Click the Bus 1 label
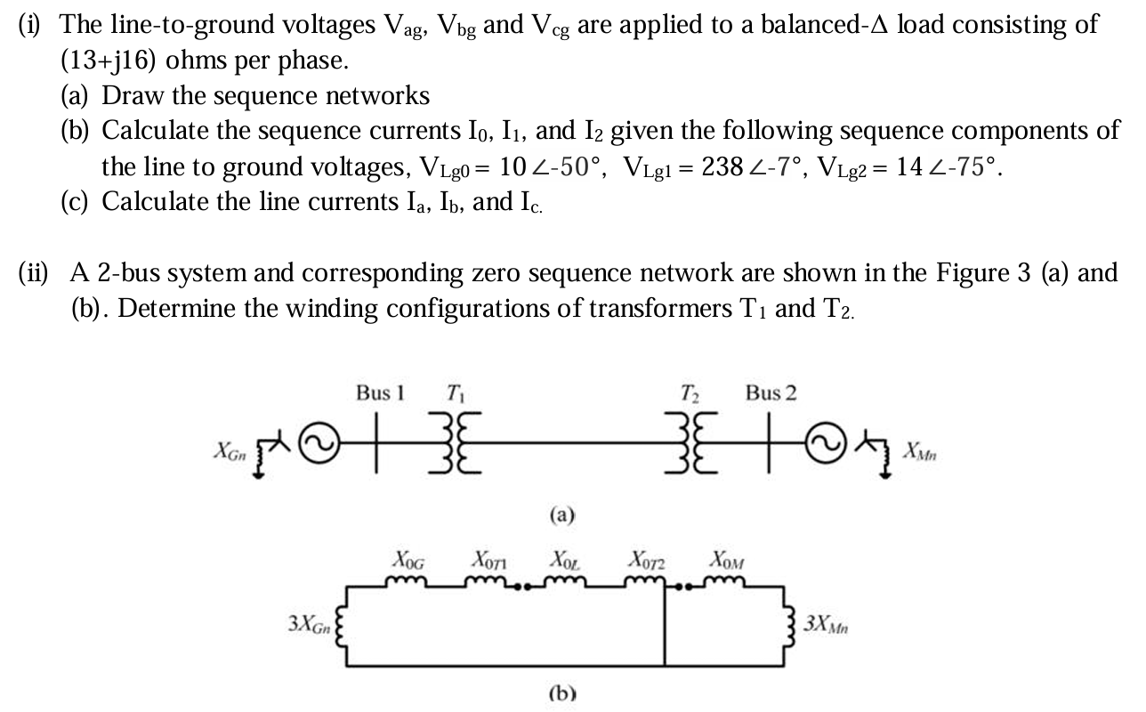380,392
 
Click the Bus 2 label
771,392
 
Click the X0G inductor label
408,561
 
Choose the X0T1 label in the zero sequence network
488,561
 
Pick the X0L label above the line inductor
564,561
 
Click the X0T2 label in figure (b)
648,561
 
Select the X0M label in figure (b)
727,561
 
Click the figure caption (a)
562,514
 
